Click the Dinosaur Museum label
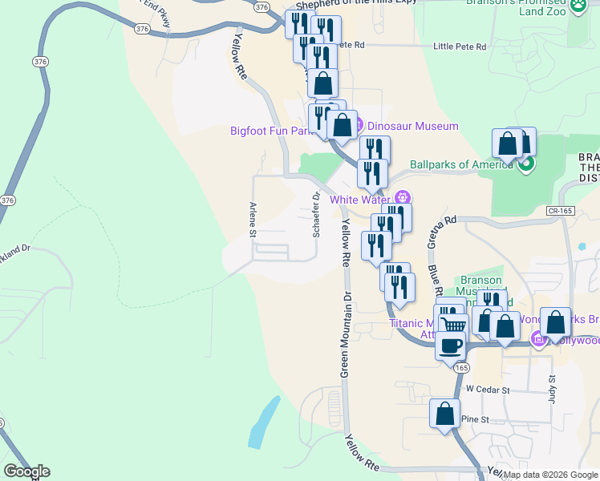click(x=412, y=126)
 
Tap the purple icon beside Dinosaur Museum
click(x=358, y=125)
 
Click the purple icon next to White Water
click(x=403, y=198)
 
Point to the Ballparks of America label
click(x=461, y=165)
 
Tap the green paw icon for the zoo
click(x=578, y=6)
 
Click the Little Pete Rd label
click(x=460, y=46)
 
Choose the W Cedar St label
click(x=489, y=390)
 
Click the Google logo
click(x=26, y=471)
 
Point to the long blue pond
click(x=265, y=422)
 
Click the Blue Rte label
click(x=436, y=281)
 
